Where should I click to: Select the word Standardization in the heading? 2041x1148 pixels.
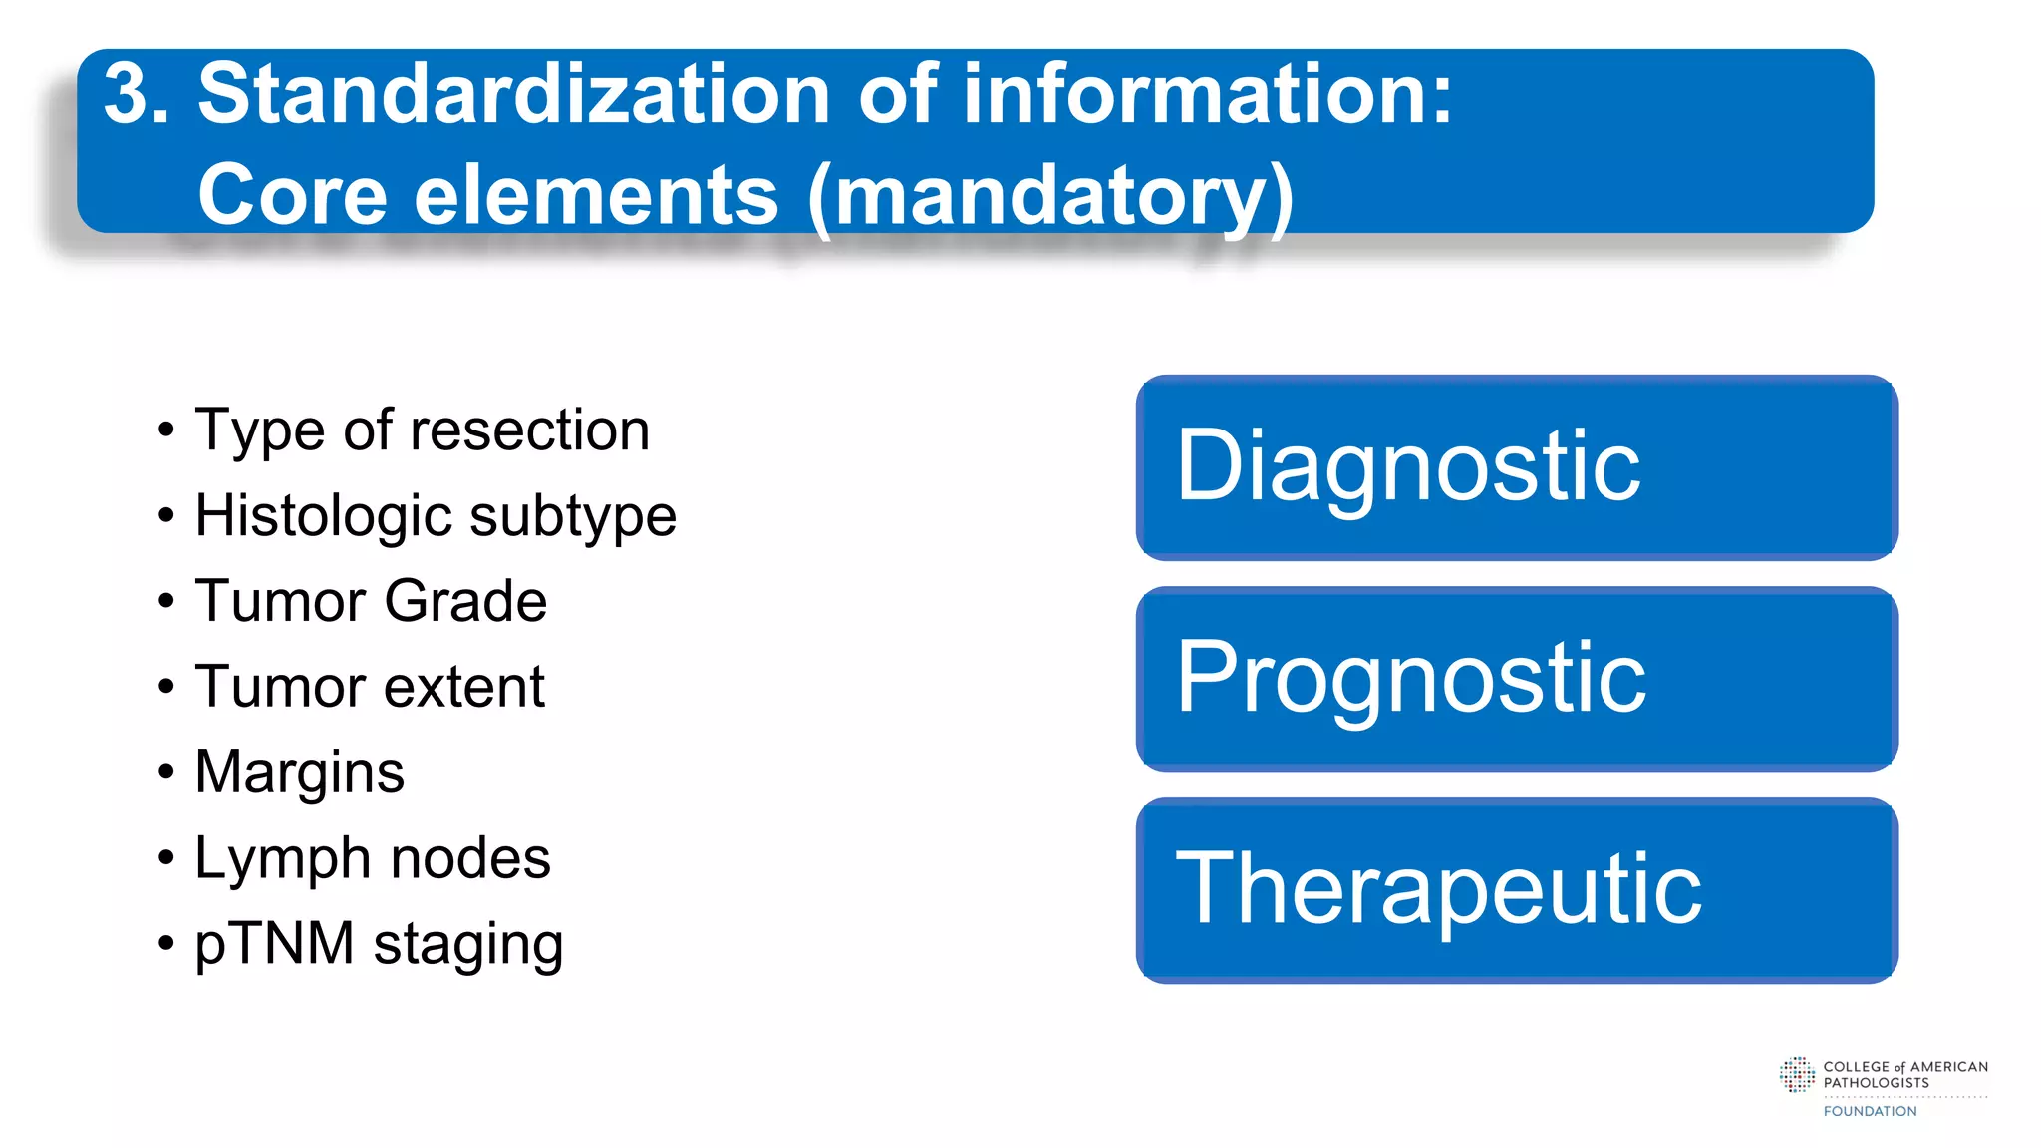click(x=514, y=95)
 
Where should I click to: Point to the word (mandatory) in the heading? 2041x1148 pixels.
click(x=1050, y=197)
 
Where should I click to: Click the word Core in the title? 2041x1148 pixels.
click(x=292, y=195)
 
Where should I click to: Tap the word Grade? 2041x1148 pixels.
click(x=465, y=601)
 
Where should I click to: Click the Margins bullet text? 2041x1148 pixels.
click(x=300, y=773)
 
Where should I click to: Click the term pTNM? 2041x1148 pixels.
click(x=275, y=944)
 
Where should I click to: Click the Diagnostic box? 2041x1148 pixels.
click(x=1516, y=467)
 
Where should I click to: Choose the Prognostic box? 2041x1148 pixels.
click(x=1516, y=679)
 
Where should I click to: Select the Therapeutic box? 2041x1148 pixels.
click(x=1516, y=890)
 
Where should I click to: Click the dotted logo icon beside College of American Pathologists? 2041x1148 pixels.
click(x=1797, y=1075)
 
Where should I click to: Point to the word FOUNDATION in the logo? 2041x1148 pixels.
click(x=1870, y=1111)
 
